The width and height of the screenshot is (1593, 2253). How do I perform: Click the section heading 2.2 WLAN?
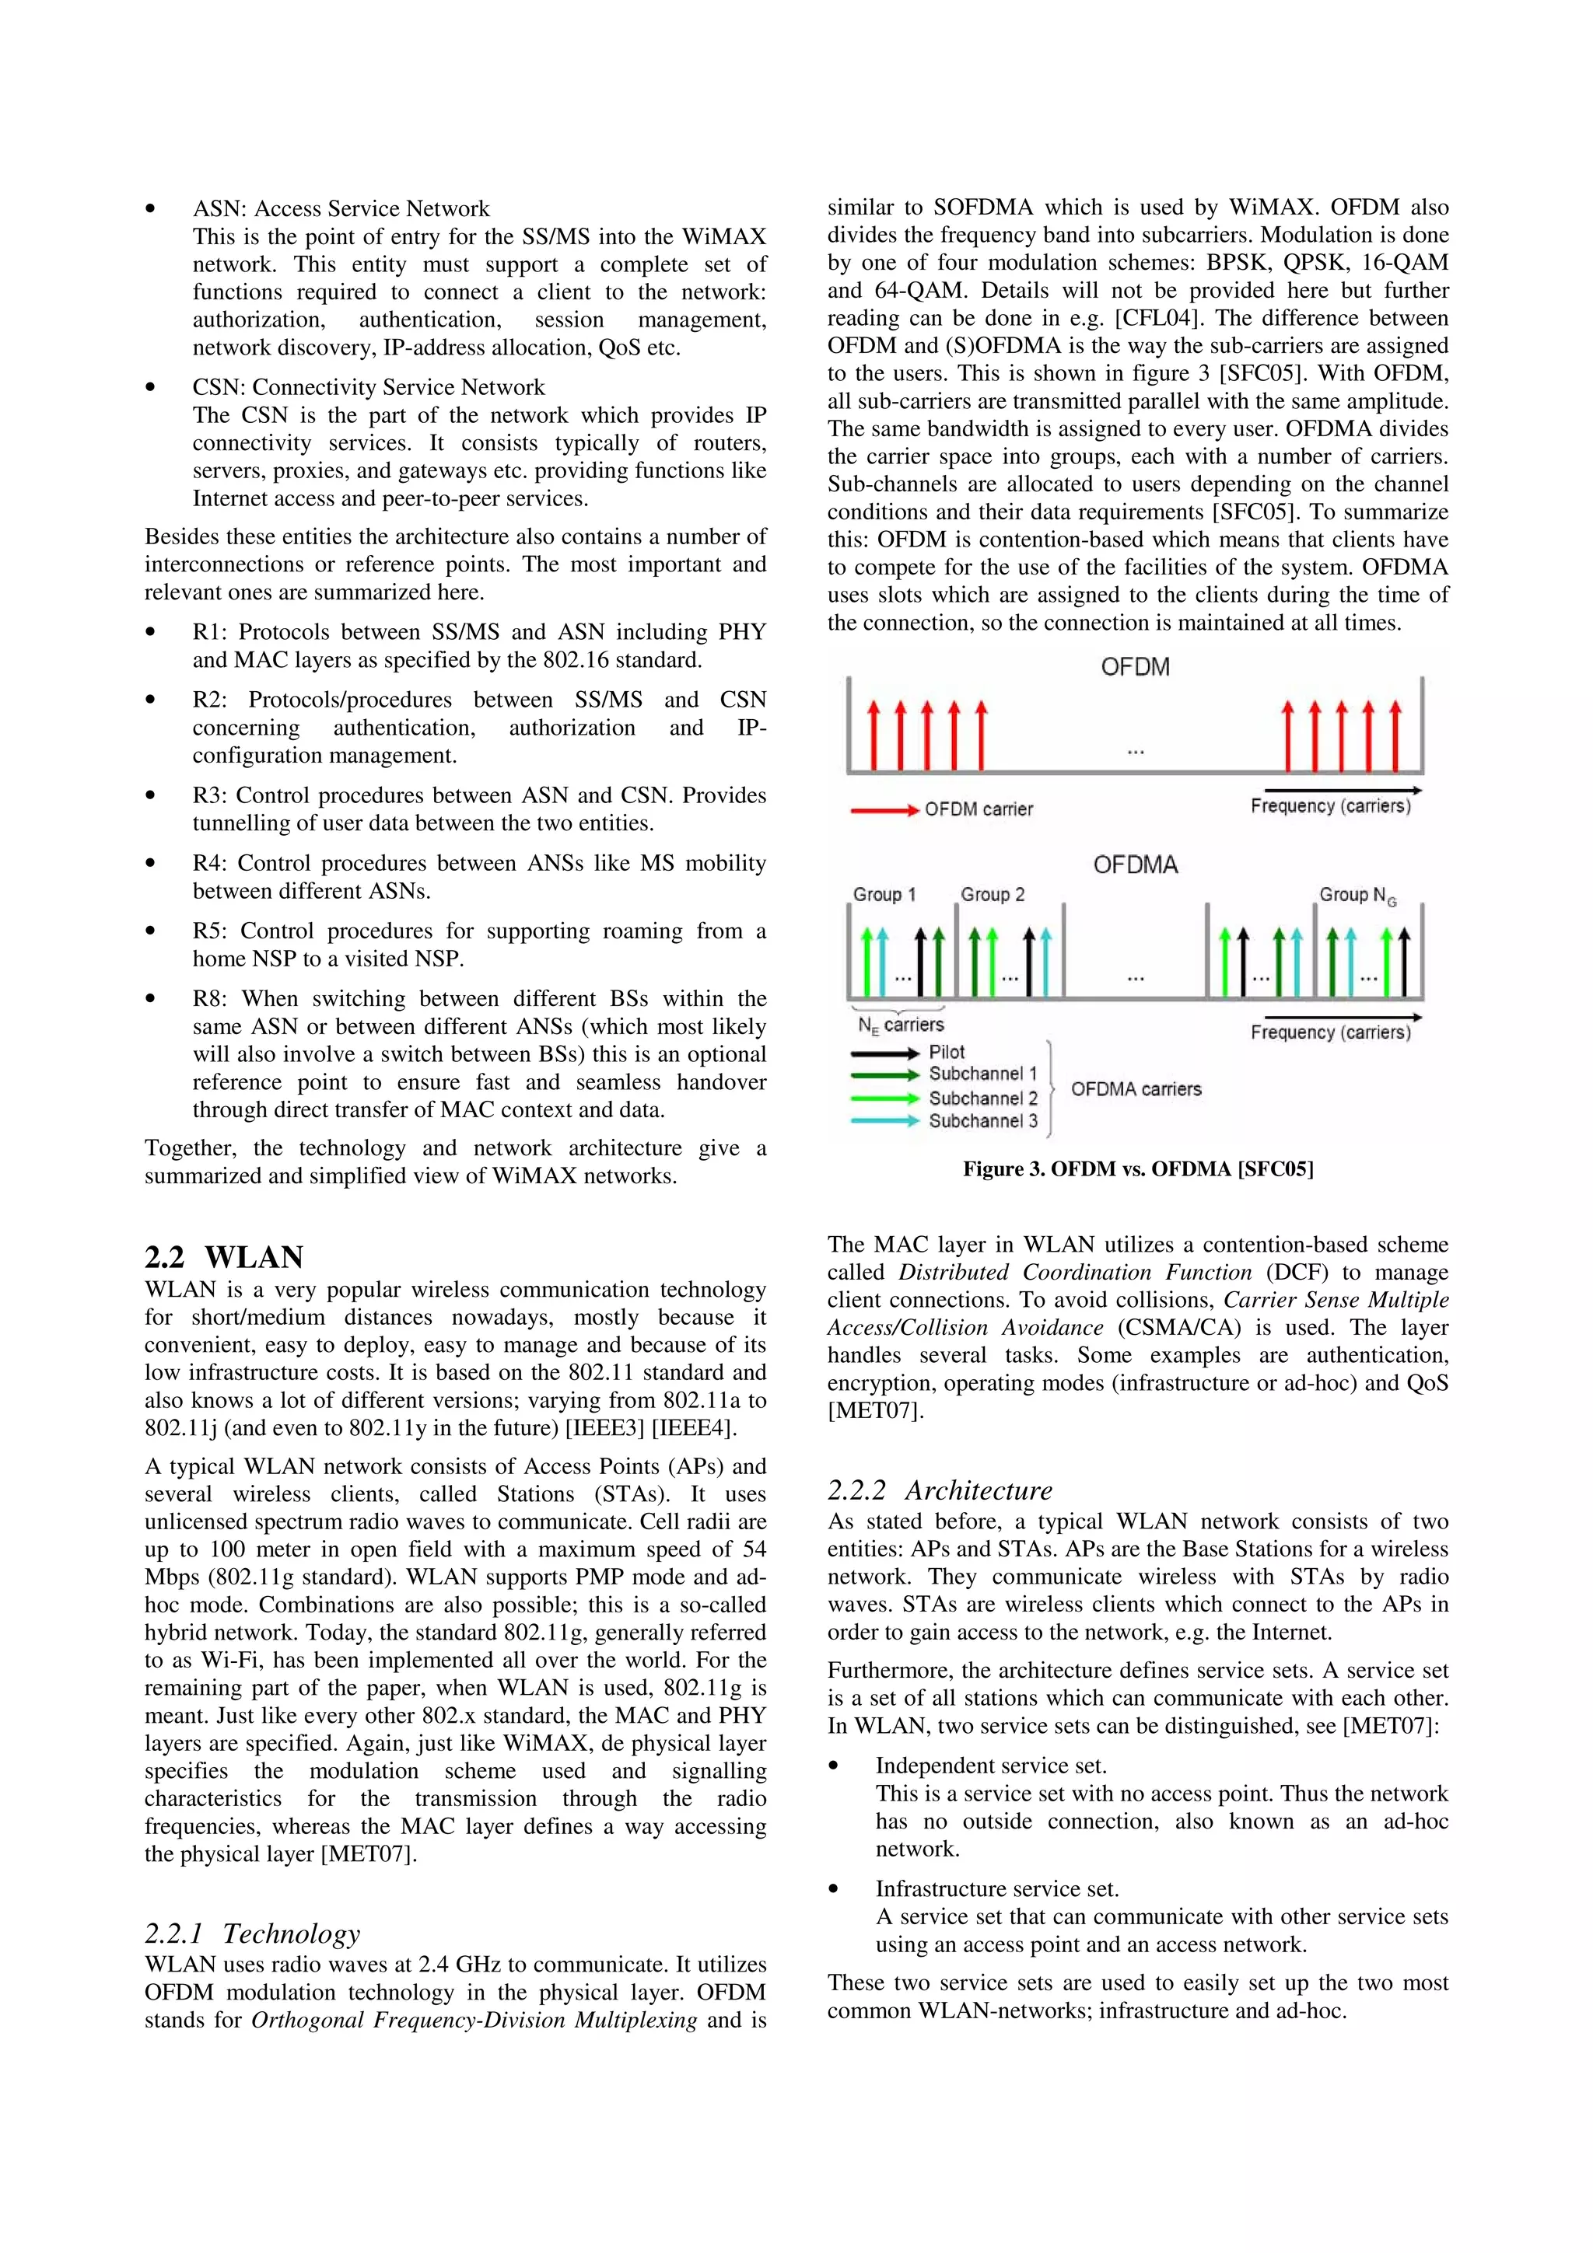(x=224, y=1257)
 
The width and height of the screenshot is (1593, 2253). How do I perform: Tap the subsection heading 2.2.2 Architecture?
(x=940, y=1490)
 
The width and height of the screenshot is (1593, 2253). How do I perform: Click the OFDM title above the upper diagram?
(x=1135, y=667)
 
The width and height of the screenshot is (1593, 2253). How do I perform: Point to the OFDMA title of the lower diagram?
(x=1135, y=865)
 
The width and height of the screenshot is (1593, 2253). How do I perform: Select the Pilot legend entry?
(x=946, y=1052)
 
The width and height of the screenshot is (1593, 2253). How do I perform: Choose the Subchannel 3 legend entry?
(x=982, y=1120)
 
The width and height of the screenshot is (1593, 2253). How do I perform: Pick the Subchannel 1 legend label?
(x=982, y=1074)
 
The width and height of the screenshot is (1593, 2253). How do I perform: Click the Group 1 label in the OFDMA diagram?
(x=884, y=895)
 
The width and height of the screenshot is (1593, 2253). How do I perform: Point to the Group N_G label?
(x=1357, y=895)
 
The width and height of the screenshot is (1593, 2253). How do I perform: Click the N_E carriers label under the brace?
(x=900, y=1025)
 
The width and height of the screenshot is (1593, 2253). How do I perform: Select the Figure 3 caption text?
(x=1137, y=1168)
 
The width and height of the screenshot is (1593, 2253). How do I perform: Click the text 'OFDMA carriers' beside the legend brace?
(x=1136, y=1089)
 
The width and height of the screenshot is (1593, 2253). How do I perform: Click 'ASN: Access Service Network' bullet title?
(x=341, y=209)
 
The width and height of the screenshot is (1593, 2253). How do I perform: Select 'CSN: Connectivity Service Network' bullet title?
(x=368, y=388)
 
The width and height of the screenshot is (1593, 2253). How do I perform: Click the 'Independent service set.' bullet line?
(x=990, y=1766)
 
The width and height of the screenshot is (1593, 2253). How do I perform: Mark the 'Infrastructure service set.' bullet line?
(x=997, y=1889)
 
